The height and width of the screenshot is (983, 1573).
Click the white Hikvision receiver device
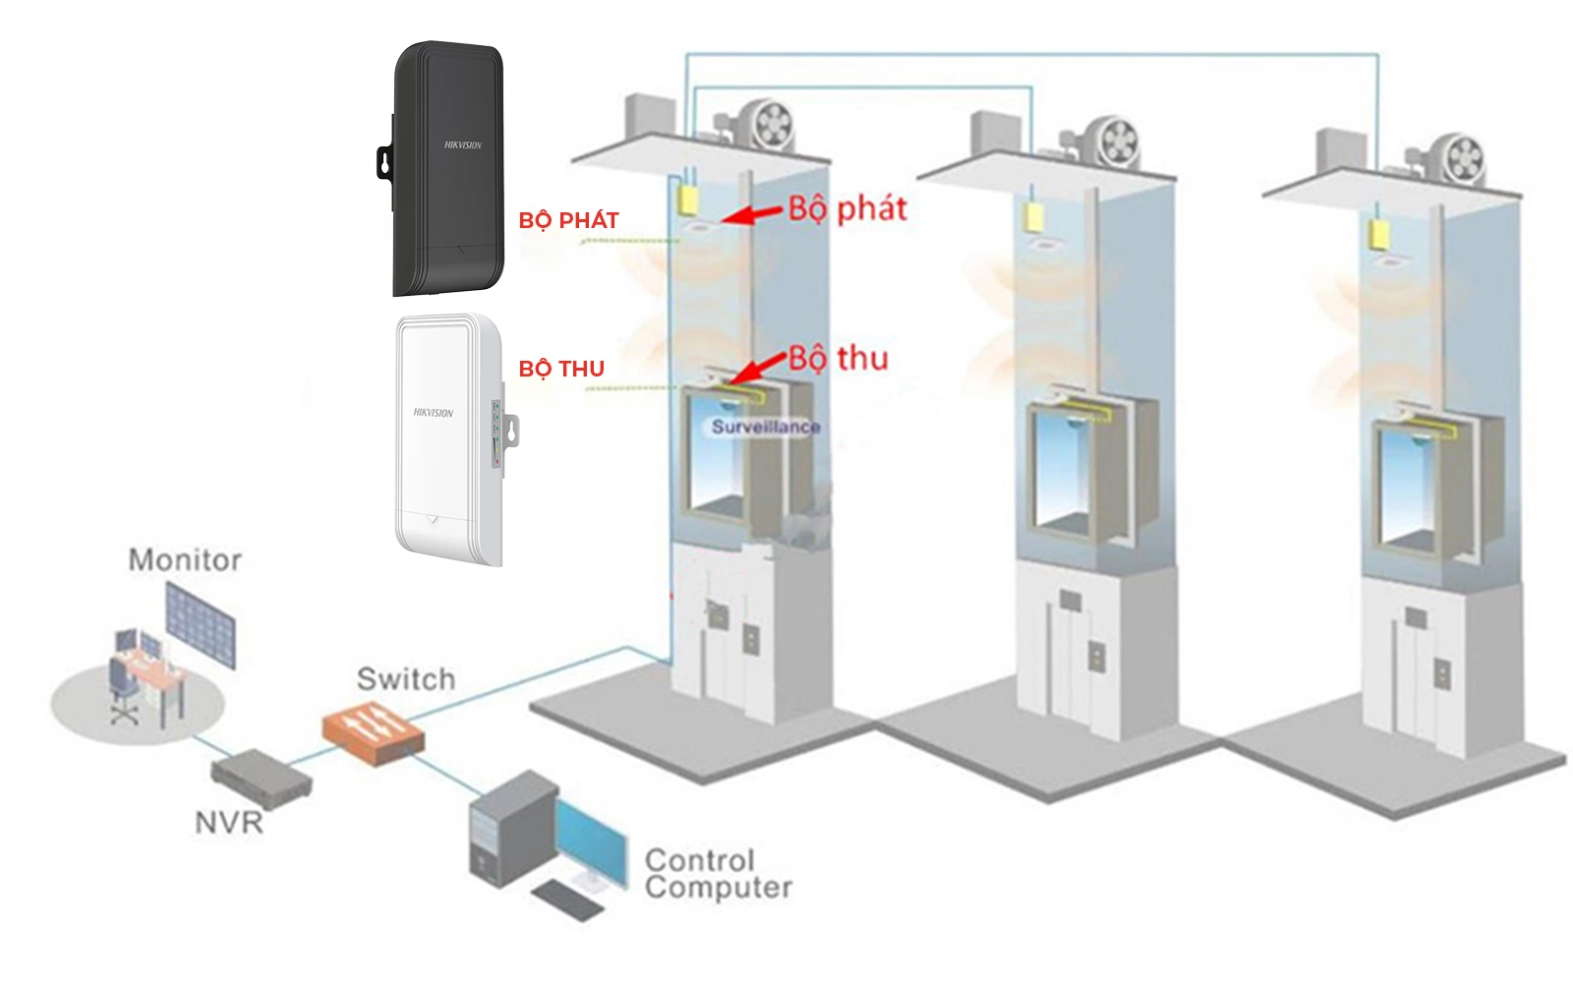[448, 437]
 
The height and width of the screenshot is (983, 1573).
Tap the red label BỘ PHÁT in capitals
[568, 220]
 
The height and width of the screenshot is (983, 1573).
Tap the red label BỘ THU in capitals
[561, 369]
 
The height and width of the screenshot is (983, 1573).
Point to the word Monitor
[185, 560]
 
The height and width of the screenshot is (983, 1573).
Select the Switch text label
[406, 679]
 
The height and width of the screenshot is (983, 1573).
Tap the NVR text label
[229, 822]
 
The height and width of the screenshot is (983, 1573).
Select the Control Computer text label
[718, 874]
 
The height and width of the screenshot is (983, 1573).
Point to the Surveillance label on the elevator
[766, 427]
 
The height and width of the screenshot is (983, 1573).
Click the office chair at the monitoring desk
[123, 688]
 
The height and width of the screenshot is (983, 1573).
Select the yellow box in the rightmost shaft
[1378, 234]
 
